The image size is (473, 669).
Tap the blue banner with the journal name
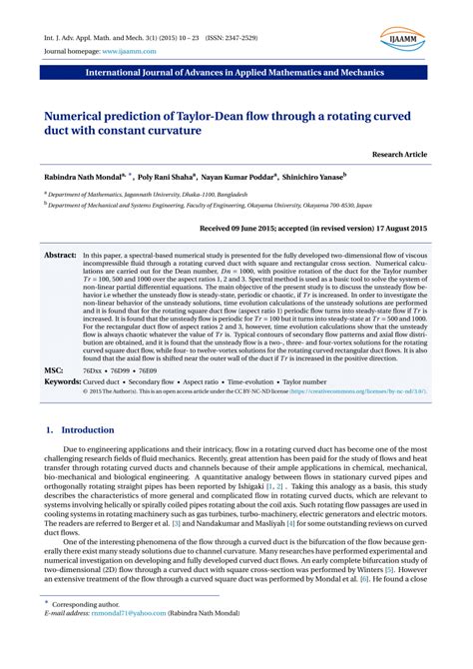pyautogui.click(x=236, y=74)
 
